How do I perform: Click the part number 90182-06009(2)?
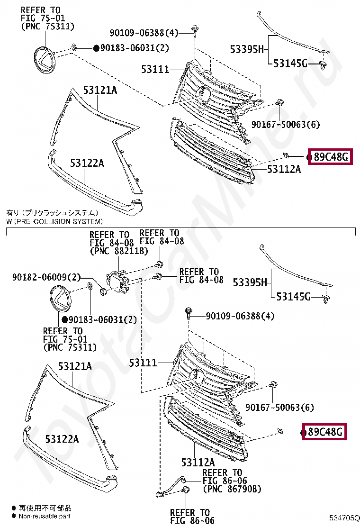[x=46, y=277]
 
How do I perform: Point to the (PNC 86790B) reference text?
[x=232, y=489]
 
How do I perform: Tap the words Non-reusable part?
[x=45, y=516]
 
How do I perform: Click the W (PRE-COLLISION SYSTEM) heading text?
[x=54, y=221]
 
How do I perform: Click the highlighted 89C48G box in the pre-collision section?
[x=324, y=432]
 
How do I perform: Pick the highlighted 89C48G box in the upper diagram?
[x=330, y=157]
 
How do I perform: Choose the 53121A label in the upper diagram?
[x=100, y=90]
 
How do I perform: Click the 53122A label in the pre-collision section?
[x=62, y=439]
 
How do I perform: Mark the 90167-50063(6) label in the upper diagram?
[x=286, y=125]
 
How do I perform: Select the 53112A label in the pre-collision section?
[x=198, y=462]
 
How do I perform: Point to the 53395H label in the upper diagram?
[x=246, y=49]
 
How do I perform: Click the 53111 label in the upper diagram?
[x=155, y=70]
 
